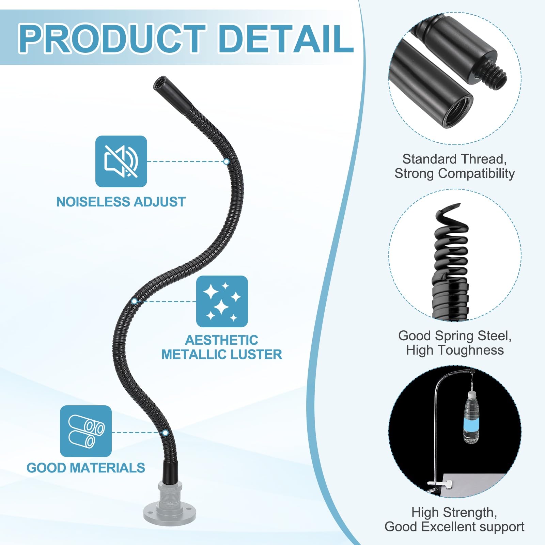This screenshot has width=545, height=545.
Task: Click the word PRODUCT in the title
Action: coord(112,38)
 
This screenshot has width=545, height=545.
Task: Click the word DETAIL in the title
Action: coord(285,38)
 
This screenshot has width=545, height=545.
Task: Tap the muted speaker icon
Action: coord(121,161)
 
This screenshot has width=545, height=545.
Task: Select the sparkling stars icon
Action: coord(222,301)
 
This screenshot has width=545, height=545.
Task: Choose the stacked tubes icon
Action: coord(86,431)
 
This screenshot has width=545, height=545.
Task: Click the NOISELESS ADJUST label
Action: coord(121,202)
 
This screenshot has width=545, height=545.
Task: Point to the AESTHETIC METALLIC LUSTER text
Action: coord(222,347)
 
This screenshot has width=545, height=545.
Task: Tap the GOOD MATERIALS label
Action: coord(86,468)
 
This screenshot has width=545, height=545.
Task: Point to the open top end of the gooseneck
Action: coord(159,82)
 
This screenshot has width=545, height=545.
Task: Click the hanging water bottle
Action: coord(471,417)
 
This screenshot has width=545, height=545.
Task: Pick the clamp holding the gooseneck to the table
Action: coord(439,484)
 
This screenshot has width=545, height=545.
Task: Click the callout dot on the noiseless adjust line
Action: coord(226,161)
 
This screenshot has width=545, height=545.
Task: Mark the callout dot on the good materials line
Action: coord(165,433)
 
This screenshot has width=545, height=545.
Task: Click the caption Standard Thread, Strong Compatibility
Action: coord(455,166)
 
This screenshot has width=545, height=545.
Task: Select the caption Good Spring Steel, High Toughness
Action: coord(455,343)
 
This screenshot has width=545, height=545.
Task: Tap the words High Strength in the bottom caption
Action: coord(454,512)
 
